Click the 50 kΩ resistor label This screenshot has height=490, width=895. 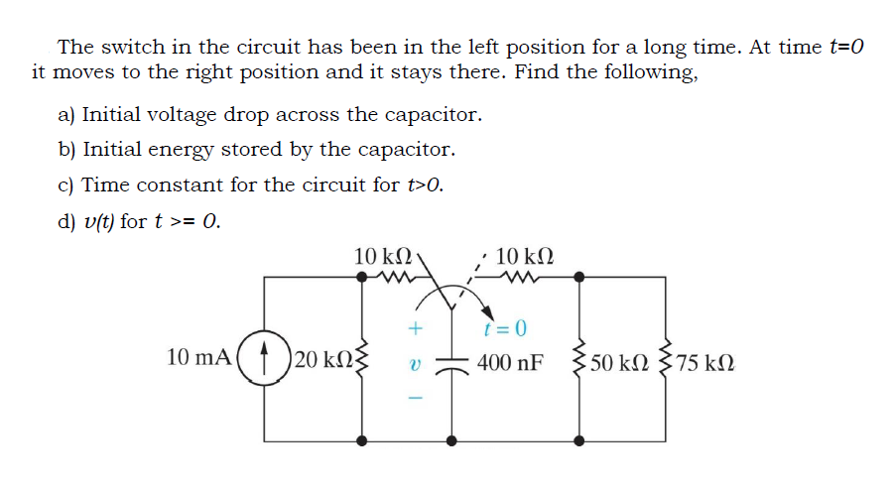[617, 361]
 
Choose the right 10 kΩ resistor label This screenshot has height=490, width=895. [523, 257]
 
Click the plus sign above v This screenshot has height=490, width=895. [417, 325]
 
